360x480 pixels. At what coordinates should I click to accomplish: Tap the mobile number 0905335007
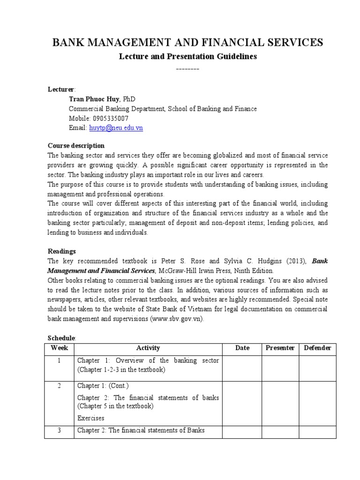[111, 118]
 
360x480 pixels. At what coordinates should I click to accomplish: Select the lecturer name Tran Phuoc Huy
[93, 99]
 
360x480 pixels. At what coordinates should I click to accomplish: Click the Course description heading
[76, 145]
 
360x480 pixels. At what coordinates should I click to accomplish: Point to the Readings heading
[61, 251]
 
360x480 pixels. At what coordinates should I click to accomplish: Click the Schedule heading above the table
[61, 338]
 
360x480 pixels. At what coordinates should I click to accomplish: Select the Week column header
[59, 348]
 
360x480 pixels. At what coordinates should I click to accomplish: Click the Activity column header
[148, 348]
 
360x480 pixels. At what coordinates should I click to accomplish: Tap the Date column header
[242, 348]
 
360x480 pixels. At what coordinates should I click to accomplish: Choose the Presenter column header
[280, 348]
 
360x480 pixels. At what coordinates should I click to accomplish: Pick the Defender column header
[317, 348]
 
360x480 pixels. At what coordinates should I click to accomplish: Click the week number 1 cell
[59, 360]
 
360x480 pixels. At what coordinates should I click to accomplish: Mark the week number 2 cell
[59, 385]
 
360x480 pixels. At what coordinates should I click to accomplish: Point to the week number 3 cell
[59, 430]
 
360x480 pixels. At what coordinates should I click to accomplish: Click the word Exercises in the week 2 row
[91, 418]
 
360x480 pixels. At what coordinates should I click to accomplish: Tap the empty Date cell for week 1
[242, 368]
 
